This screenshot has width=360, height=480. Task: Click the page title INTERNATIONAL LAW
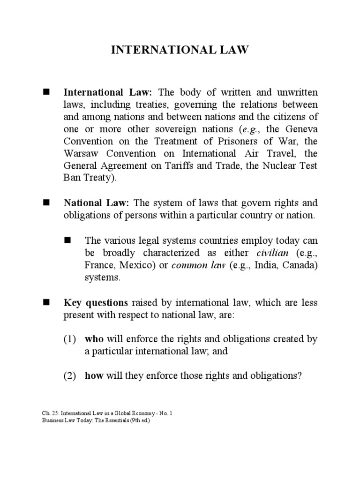click(x=180, y=50)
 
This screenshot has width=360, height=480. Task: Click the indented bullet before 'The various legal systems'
click(x=67, y=240)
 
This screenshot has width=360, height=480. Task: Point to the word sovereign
click(x=177, y=128)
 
